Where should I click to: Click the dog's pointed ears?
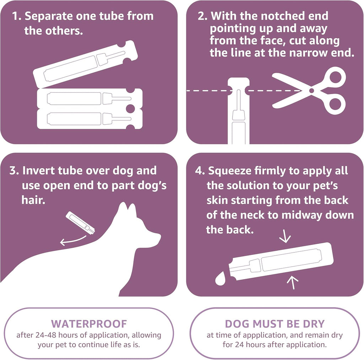point(127,210)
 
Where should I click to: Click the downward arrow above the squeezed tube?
point(285,237)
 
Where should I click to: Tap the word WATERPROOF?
point(89,323)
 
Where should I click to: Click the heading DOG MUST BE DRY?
point(274,323)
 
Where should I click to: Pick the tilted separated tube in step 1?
point(85,64)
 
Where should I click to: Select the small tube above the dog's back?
point(81,223)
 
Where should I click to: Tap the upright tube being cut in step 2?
point(238,114)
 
